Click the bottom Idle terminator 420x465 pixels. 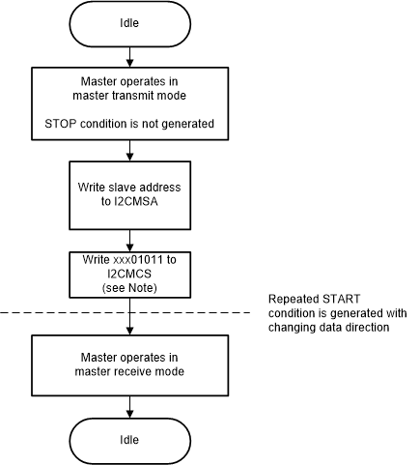[129, 439]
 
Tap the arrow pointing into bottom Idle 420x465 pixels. [129, 405]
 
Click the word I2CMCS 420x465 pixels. [129, 274]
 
